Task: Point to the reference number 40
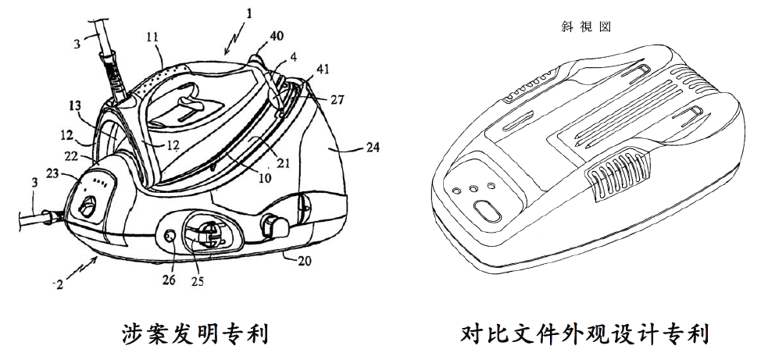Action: point(276,35)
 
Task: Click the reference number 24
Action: point(372,147)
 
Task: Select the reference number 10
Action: point(265,178)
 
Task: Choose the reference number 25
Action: point(198,281)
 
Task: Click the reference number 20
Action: point(304,261)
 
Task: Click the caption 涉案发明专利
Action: point(195,334)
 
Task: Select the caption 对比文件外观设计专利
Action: point(584,334)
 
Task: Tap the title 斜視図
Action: point(586,27)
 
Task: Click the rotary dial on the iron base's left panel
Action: point(88,206)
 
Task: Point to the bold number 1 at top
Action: point(248,13)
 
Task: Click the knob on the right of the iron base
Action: point(274,226)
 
